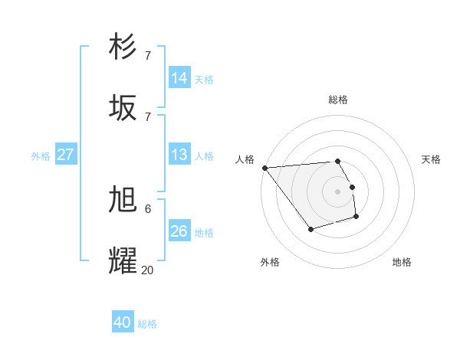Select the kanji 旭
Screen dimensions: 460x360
click(x=123, y=200)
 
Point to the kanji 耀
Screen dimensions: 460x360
click(x=123, y=260)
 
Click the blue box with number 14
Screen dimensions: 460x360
click(x=179, y=78)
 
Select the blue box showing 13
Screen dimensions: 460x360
click(x=179, y=155)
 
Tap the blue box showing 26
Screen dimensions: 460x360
click(x=179, y=231)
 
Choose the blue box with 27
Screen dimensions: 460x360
click(x=65, y=155)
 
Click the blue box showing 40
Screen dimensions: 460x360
click(x=123, y=322)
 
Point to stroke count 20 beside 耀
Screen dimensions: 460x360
click(x=147, y=270)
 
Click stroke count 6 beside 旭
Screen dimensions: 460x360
click(x=147, y=208)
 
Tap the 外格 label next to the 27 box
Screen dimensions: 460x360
click(x=41, y=155)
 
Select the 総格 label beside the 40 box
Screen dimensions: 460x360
click(x=147, y=324)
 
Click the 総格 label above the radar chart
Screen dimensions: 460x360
click(x=338, y=100)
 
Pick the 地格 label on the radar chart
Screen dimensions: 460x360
click(x=402, y=262)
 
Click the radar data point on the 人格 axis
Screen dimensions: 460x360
click(x=264, y=168)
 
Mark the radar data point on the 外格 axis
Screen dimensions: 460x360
click(x=310, y=229)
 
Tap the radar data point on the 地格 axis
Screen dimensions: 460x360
click(x=356, y=218)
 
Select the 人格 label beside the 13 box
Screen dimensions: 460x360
click(x=204, y=155)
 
